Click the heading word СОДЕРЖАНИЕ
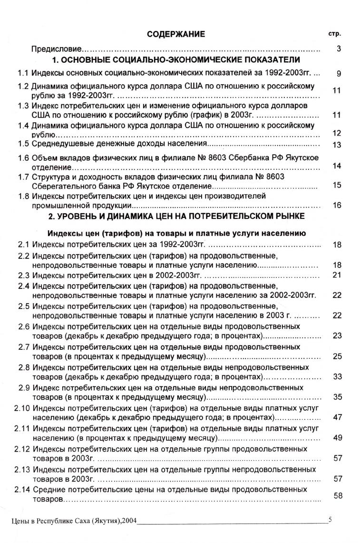click(x=176, y=34)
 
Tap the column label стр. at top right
click(x=336, y=34)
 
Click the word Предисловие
click(x=57, y=49)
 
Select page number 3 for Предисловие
click(x=339, y=49)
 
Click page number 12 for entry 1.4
click(x=337, y=134)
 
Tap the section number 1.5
click(x=23, y=144)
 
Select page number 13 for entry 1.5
click(x=337, y=145)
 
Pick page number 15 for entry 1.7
click(x=337, y=185)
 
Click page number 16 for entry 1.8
click(x=337, y=205)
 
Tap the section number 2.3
click(x=23, y=276)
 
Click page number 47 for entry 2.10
click(x=337, y=417)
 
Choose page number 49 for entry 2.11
click(x=337, y=438)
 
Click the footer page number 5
click(x=330, y=520)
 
